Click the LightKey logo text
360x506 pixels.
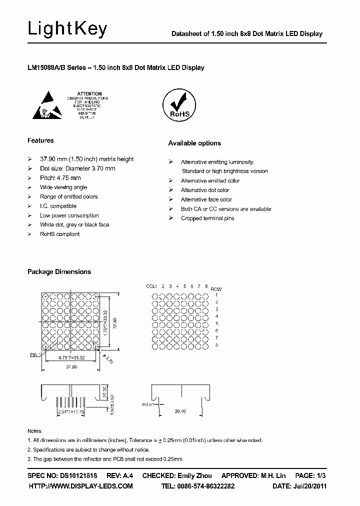click(67, 29)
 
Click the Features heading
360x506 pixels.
click(40, 140)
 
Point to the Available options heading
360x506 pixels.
click(194, 143)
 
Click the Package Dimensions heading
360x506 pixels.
click(59, 271)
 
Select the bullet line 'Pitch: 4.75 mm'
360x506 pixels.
click(60, 177)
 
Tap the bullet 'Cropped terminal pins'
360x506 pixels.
click(207, 218)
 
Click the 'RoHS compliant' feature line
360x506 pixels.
click(59, 234)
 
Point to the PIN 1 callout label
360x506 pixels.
click(34, 354)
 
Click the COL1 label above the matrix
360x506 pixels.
click(151, 286)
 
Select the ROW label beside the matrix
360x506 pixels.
click(216, 289)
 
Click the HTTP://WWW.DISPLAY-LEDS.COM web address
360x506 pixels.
click(80, 486)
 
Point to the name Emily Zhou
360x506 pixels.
click(194, 475)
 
